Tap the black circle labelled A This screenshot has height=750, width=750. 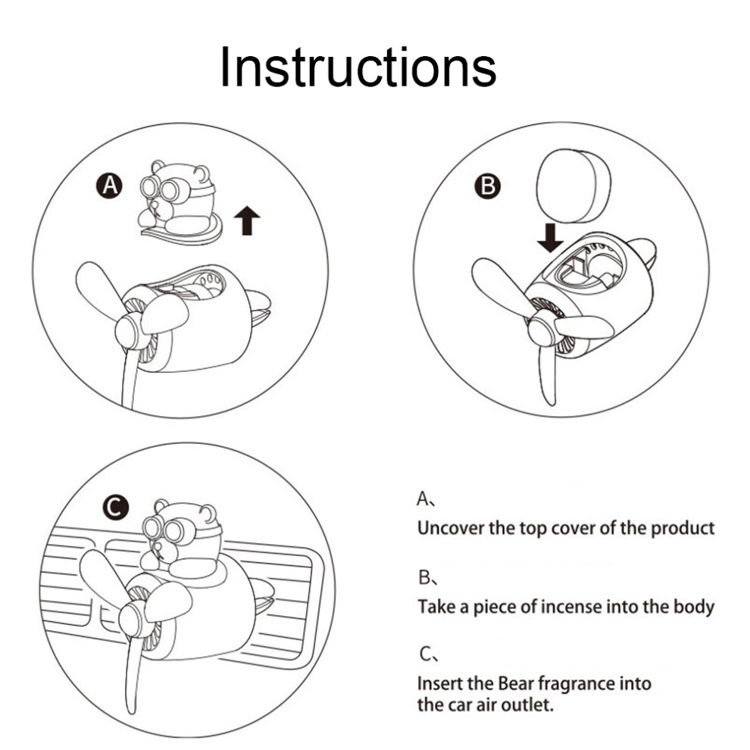[110, 186]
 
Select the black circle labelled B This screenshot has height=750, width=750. [487, 186]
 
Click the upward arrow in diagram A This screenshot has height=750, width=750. [247, 220]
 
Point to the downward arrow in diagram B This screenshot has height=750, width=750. [550, 237]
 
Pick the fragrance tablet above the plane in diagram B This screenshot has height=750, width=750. [573, 186]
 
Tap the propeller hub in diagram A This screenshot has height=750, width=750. [129, 331]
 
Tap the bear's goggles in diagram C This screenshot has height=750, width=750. [163, 528]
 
